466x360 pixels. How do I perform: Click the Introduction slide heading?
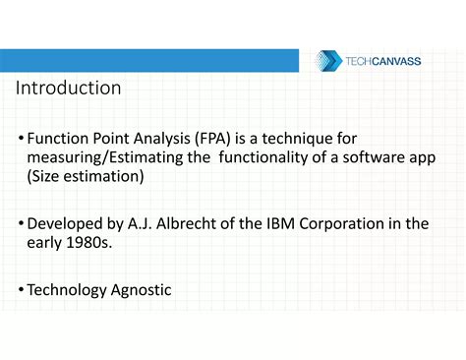pos(68,88)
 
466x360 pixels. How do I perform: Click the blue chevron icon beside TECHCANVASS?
pos(327,61)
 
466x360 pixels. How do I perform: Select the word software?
pos(377,157)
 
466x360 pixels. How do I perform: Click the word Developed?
pos(68,223)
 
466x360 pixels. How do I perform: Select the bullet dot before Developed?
pos(21,224)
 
